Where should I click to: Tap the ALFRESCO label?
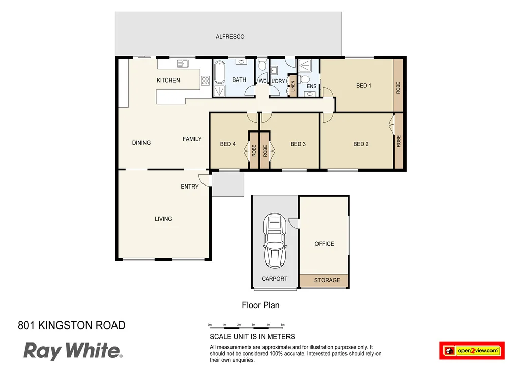coord(230,37)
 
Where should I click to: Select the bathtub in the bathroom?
coord(219,72)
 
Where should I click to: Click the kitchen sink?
coord(182,64)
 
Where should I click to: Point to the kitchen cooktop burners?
coord(206,80)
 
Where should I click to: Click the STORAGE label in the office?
coord(327,280)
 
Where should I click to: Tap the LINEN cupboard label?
coord(293,85)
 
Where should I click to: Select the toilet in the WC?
coord(263,65)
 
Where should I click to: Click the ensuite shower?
coord(307,66)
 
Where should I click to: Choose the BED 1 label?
coord(363,86)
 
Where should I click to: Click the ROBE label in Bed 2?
coord(398,141)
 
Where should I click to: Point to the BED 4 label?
coord(227,144)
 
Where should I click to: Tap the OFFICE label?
coord(324,244)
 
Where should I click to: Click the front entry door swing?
coord(204,180)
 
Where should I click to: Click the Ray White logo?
coord(72,351)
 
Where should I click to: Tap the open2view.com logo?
coord(471,351)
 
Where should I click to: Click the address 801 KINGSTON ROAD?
coord(71,325)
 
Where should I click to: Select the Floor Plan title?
coord(260,305)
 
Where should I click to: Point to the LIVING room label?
coord(163,219)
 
